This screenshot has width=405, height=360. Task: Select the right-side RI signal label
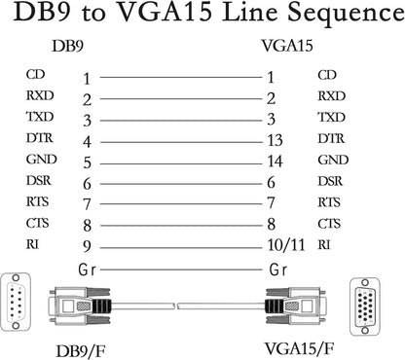[x=324, y=244]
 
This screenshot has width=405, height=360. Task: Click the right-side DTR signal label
[x=331, y=139]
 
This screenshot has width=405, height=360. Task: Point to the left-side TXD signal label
[x=38, y=118]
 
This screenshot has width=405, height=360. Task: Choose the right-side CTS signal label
[x=330, y=223]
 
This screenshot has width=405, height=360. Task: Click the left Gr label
[x=85, y=268]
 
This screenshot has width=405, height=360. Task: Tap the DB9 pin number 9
[x=87, y=245]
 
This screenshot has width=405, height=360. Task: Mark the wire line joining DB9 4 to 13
[x=180, y=140]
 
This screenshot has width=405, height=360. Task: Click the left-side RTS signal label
[x=37, y=201]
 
